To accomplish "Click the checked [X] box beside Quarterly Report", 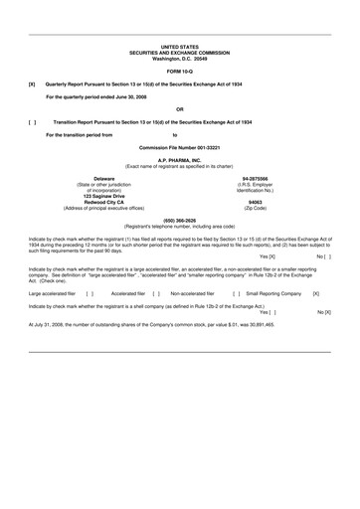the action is pyautogui.click(x=34, y=85).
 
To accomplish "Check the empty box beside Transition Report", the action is pyautogui.click(x=34, y=121).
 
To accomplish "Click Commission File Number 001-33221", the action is pyautogui.click(x=180, y=147).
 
